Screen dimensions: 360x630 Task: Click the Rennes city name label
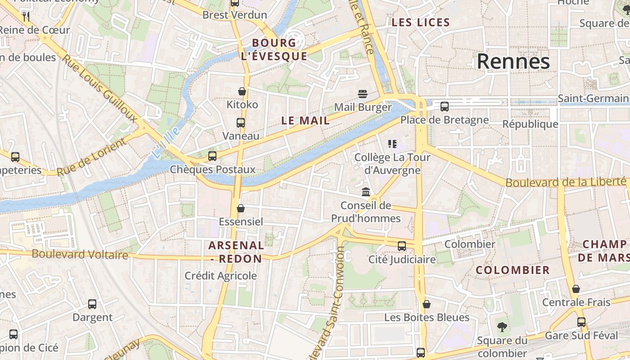(x=513, y=61)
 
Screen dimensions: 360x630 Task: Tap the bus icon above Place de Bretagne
(x=444, y=107)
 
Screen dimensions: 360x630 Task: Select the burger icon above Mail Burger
(x=363, y=94)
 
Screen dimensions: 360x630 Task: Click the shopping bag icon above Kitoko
(x=242, y=92)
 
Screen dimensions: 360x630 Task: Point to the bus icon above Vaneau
(x=241, y=123)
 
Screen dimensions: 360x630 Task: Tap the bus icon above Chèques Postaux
(x=212, y=156)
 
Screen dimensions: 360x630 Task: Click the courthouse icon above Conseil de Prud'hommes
(x=366, y=192)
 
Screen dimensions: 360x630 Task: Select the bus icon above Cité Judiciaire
(x=401, y=246)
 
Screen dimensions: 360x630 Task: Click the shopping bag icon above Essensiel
(x=241, y=208)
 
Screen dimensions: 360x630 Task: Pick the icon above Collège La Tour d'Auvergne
(x=392, y=144)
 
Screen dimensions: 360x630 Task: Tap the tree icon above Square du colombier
(x=502, y=327)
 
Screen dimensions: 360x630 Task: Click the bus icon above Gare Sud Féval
(x=581, y=322)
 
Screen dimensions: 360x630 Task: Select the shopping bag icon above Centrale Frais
(x=576, y=289)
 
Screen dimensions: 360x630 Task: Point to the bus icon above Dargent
(x=92, y=304)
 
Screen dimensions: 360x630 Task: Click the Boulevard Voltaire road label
(x=80, y=254)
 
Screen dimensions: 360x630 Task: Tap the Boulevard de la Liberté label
(x=566, y=182)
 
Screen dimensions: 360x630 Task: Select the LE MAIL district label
(x=306, y=121)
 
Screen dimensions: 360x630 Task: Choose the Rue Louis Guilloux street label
(x=99, y=89)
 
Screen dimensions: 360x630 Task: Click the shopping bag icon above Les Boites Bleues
(x=426, y=305)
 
